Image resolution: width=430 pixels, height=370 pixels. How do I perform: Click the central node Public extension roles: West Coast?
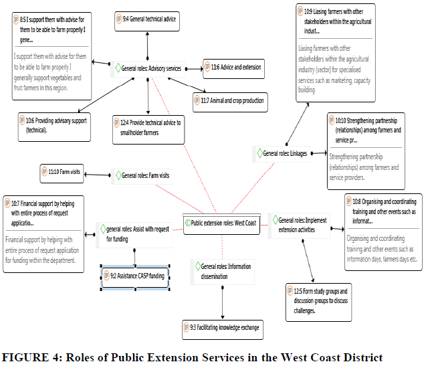pos(221,223)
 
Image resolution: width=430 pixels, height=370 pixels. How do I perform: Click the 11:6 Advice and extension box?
pos(233,67)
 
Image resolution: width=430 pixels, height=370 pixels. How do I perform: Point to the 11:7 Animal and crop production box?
pos(229,101)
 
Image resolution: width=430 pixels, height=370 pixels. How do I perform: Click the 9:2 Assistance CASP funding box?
pos(134,275)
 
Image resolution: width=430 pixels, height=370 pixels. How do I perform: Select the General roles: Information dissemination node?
pos(223,271)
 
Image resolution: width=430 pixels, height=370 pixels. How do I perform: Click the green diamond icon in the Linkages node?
pos(260,154)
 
